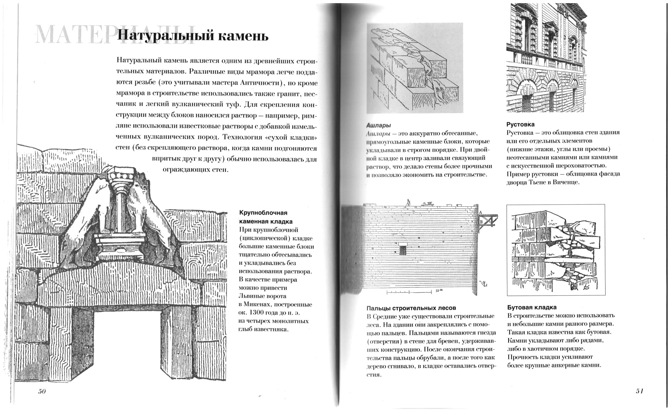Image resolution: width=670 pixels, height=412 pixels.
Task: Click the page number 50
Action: pyautogui.click(x=42, y=391)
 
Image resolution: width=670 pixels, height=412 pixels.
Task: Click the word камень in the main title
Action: pyautogui.click(x=244, y=36)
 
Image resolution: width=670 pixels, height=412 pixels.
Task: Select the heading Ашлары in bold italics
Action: pyautogui.click(x=379, y=125)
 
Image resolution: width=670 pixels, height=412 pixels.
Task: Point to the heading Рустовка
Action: pyautogui.click(x=521, y=125)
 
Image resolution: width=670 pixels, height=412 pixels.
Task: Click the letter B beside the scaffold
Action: pyautogui.click(x=481, y=222)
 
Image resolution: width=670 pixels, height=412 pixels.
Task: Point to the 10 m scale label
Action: pyautogui.click(x=439, y=291)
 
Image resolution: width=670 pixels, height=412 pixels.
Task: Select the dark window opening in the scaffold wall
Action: pyautogui.click(x=403, y=250)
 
